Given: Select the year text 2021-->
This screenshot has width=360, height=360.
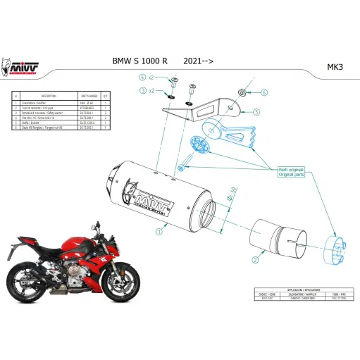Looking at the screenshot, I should pos(198,61).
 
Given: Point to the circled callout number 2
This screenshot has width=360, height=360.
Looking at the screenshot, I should pos(253,259).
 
